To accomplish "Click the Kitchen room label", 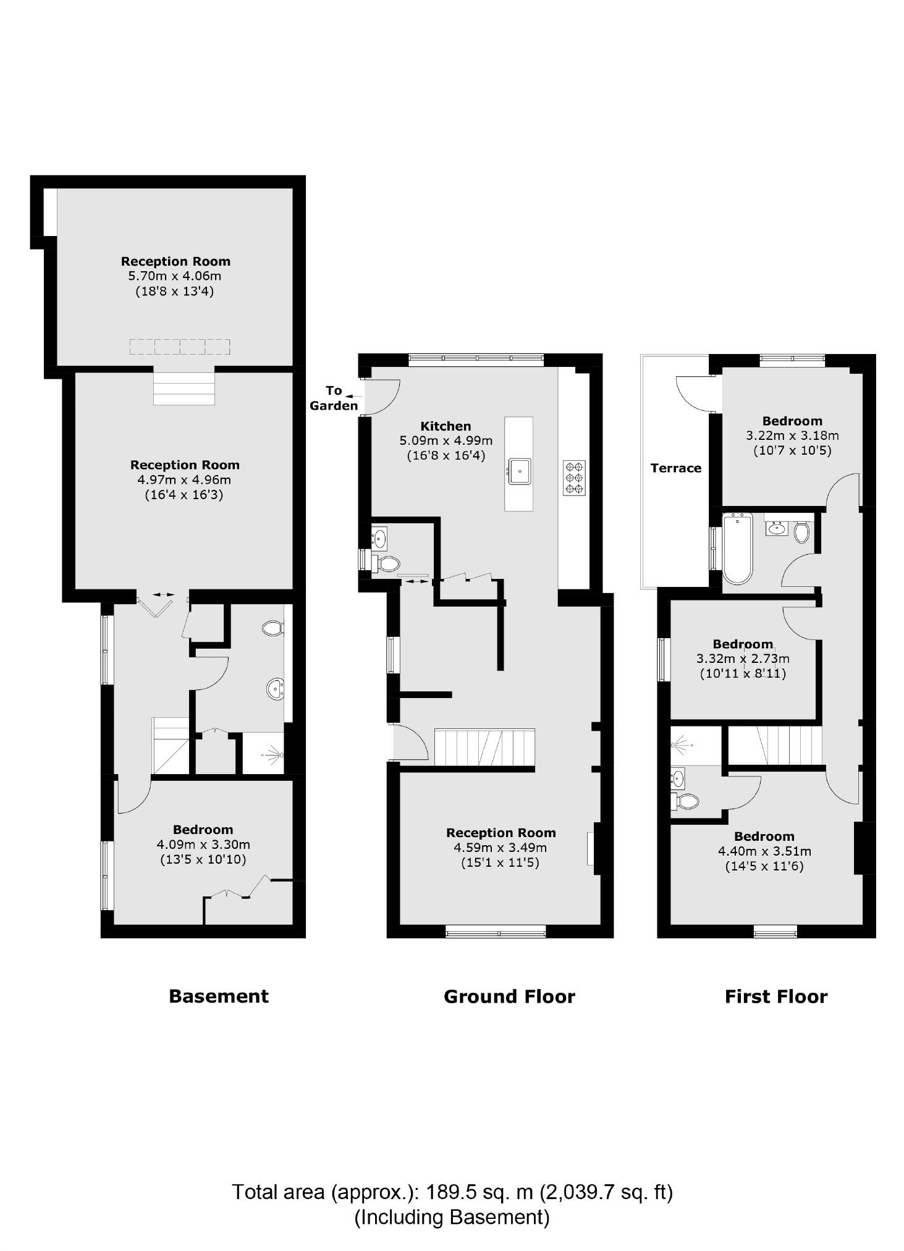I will (446, 426).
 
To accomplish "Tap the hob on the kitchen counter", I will (574, 478).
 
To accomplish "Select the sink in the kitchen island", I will (520, 471).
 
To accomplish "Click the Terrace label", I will (676, 468).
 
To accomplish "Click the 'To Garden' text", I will (334, 398).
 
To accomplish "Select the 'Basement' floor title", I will (219, 996).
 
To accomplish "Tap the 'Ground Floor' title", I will (509, 996).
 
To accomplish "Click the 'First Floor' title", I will (775, 996).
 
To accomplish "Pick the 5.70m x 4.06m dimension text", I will (175, 276).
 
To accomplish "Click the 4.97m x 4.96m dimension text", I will (184, 480).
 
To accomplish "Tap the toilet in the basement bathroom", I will (272, 629).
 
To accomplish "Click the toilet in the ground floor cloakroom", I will (387, 563).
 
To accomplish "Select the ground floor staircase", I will (484, 748).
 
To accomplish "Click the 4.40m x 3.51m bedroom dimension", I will (764, 851).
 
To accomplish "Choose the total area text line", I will (452, 1192).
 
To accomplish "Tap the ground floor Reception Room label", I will (501, 833).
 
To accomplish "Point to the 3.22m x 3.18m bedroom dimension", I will (792, 436).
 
